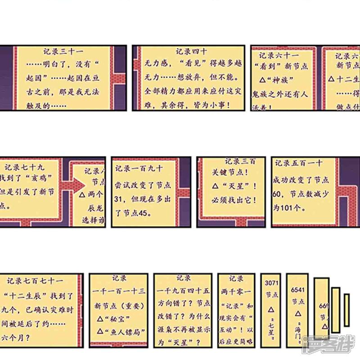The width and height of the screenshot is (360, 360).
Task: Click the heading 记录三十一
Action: click(x=63, y=52)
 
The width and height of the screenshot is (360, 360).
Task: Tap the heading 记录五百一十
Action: click(x=298, y=163)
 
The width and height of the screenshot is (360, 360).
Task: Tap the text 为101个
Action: click(x=289, y=208)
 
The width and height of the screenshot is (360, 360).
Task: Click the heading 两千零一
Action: click(x=236, y=292)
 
